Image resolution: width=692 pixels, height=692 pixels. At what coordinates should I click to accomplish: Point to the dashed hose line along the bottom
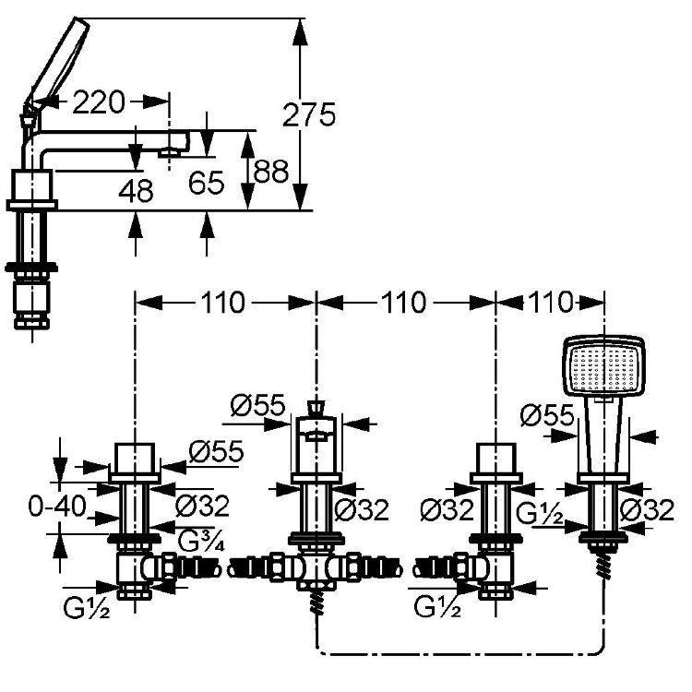pyautogui.click(x=461, y=655)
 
